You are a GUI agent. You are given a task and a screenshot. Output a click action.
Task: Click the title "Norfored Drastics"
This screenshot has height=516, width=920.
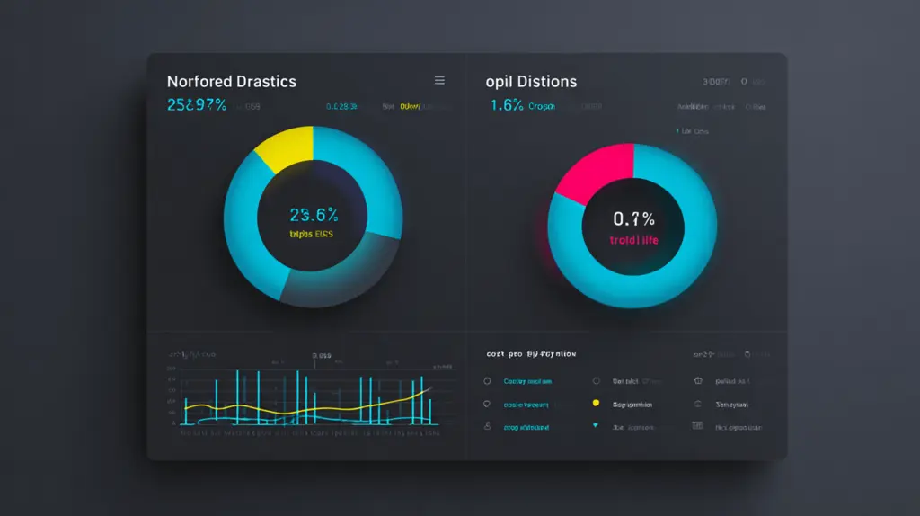point(231,82)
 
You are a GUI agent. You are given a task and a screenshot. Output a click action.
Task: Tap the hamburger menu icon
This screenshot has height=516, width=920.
point(439,80)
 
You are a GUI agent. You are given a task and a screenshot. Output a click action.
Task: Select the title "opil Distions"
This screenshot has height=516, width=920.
point(531,82)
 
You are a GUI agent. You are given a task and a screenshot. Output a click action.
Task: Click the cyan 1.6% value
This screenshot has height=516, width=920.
point(507,105)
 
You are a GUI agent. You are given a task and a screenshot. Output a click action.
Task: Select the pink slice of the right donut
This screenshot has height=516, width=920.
point(593,170)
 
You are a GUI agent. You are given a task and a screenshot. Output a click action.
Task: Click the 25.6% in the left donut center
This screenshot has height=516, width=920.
point(314,215)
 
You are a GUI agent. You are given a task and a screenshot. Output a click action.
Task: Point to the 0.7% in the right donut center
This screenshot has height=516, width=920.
point(633,218)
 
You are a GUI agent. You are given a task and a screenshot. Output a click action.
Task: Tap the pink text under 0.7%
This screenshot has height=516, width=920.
point(633,240)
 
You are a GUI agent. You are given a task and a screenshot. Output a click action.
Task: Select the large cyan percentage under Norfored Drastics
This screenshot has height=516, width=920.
point(197,105)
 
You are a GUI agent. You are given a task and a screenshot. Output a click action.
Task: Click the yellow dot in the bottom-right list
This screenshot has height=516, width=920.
point(595,405)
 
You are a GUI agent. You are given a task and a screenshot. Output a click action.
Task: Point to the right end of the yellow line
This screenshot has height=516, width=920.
point(429,388)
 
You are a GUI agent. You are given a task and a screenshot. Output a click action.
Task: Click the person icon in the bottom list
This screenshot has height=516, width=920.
point(487,427)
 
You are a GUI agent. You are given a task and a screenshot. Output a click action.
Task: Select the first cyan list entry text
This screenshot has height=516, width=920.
point(527,381)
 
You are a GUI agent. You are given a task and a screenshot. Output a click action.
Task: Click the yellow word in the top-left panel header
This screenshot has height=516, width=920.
point(410,106)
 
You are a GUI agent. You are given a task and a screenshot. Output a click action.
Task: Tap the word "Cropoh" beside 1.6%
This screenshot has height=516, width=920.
point(542,106)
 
